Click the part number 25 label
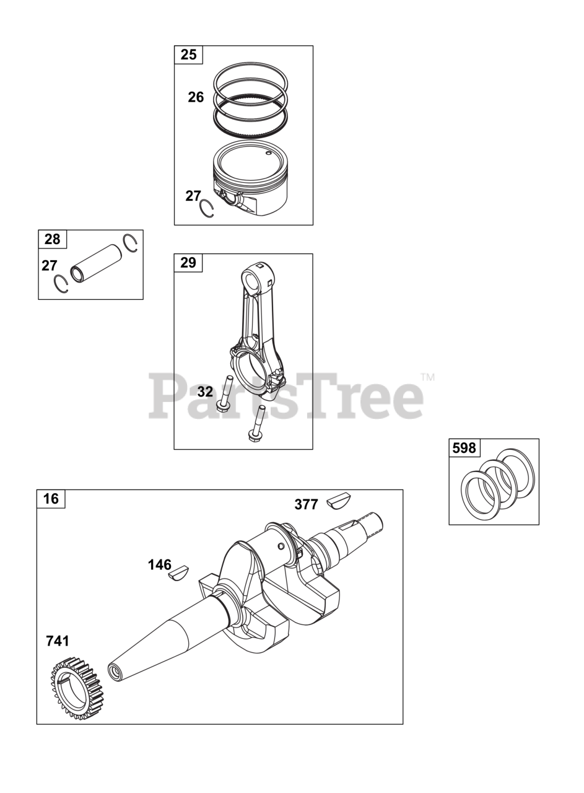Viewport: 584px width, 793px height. pos(188,55)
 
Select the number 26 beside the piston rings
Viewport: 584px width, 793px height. pos(196,97)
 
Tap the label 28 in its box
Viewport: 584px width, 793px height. pos(53,239)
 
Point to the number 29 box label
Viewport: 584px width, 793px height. pos(188,263)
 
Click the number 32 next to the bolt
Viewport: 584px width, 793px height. pos(205,392)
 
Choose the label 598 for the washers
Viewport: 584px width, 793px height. pos(464,448)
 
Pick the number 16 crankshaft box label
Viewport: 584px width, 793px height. pos(51,499)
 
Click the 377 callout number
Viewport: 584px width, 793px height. pos(307,504)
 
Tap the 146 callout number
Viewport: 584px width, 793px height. pos(160,564)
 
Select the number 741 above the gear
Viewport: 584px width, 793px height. pos(58,641)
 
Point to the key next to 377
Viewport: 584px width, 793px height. pos(338,499)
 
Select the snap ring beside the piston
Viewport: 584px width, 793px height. pos(207,209)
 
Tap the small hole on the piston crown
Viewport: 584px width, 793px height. pos(268,153)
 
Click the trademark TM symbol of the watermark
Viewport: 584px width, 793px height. pos(428,377)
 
